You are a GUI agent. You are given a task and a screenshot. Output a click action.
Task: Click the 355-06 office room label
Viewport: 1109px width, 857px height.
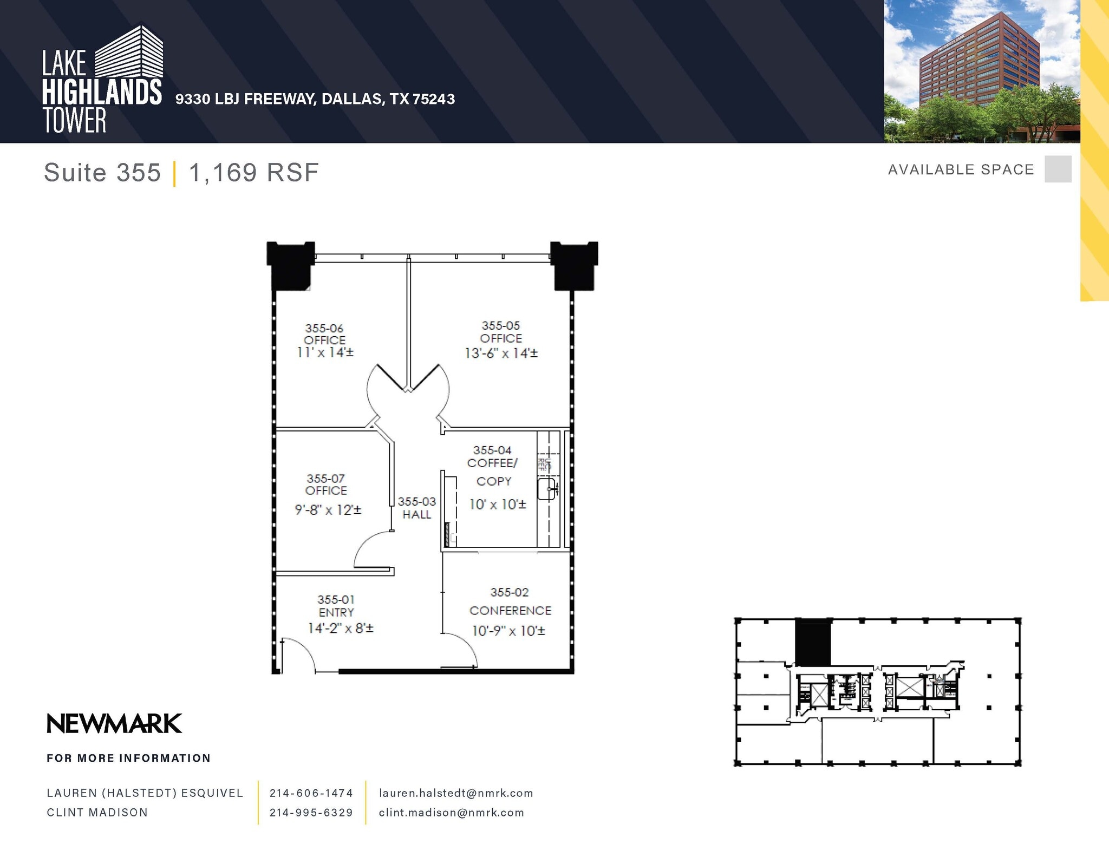click(x=324, y=334)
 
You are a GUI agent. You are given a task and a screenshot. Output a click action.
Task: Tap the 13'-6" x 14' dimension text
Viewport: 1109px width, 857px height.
click(x=501, y=354)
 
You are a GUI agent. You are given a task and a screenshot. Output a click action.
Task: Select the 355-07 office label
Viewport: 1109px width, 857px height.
click(x=326, y=485)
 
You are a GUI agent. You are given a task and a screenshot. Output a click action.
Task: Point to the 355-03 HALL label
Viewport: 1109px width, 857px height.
click(x=416, y=508)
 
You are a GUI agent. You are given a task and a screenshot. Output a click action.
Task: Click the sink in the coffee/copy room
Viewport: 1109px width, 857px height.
click(x=546, y=489)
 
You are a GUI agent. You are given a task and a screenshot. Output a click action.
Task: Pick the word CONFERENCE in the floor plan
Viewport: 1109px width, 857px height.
click(x=510, y=611)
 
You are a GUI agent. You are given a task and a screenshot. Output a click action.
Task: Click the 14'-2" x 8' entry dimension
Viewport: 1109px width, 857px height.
click(x=341, y=629)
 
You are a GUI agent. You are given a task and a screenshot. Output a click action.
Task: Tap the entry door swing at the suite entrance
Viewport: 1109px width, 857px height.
click(x=299, y=654)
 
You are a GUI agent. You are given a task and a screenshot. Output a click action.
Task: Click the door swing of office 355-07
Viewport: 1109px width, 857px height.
click(x=373, y=549)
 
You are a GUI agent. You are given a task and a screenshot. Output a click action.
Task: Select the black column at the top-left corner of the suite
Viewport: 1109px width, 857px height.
click(x=290, y=265)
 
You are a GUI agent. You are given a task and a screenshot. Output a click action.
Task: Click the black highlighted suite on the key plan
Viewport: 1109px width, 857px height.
click(x=812, y=643)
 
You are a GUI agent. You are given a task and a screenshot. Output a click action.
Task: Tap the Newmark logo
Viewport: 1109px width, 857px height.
click(x=114, y=724)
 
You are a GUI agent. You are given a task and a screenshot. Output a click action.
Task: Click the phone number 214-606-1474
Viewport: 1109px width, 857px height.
click(x=311, y=793)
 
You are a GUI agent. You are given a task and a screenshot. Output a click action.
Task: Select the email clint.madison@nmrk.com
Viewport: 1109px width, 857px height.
click(x=452, y=813)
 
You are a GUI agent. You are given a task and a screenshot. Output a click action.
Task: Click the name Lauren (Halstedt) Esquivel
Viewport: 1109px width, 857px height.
click(x=145, y=793)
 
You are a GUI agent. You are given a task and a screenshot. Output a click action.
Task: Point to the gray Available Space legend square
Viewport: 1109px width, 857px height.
click(x=1058, y=169)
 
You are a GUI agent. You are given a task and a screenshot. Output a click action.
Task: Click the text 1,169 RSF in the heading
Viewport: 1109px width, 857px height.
click(x=253, y=173)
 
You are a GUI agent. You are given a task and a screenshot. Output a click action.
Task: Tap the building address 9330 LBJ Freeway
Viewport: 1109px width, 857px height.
click(x=315, y=99)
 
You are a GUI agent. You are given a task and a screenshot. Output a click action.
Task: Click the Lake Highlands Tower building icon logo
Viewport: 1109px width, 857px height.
click(x=130, y=52)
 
